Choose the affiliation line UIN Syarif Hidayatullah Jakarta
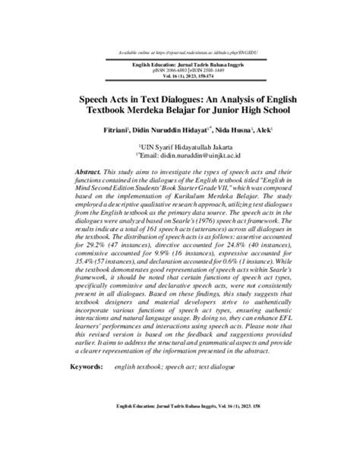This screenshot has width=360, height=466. point(180,144)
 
